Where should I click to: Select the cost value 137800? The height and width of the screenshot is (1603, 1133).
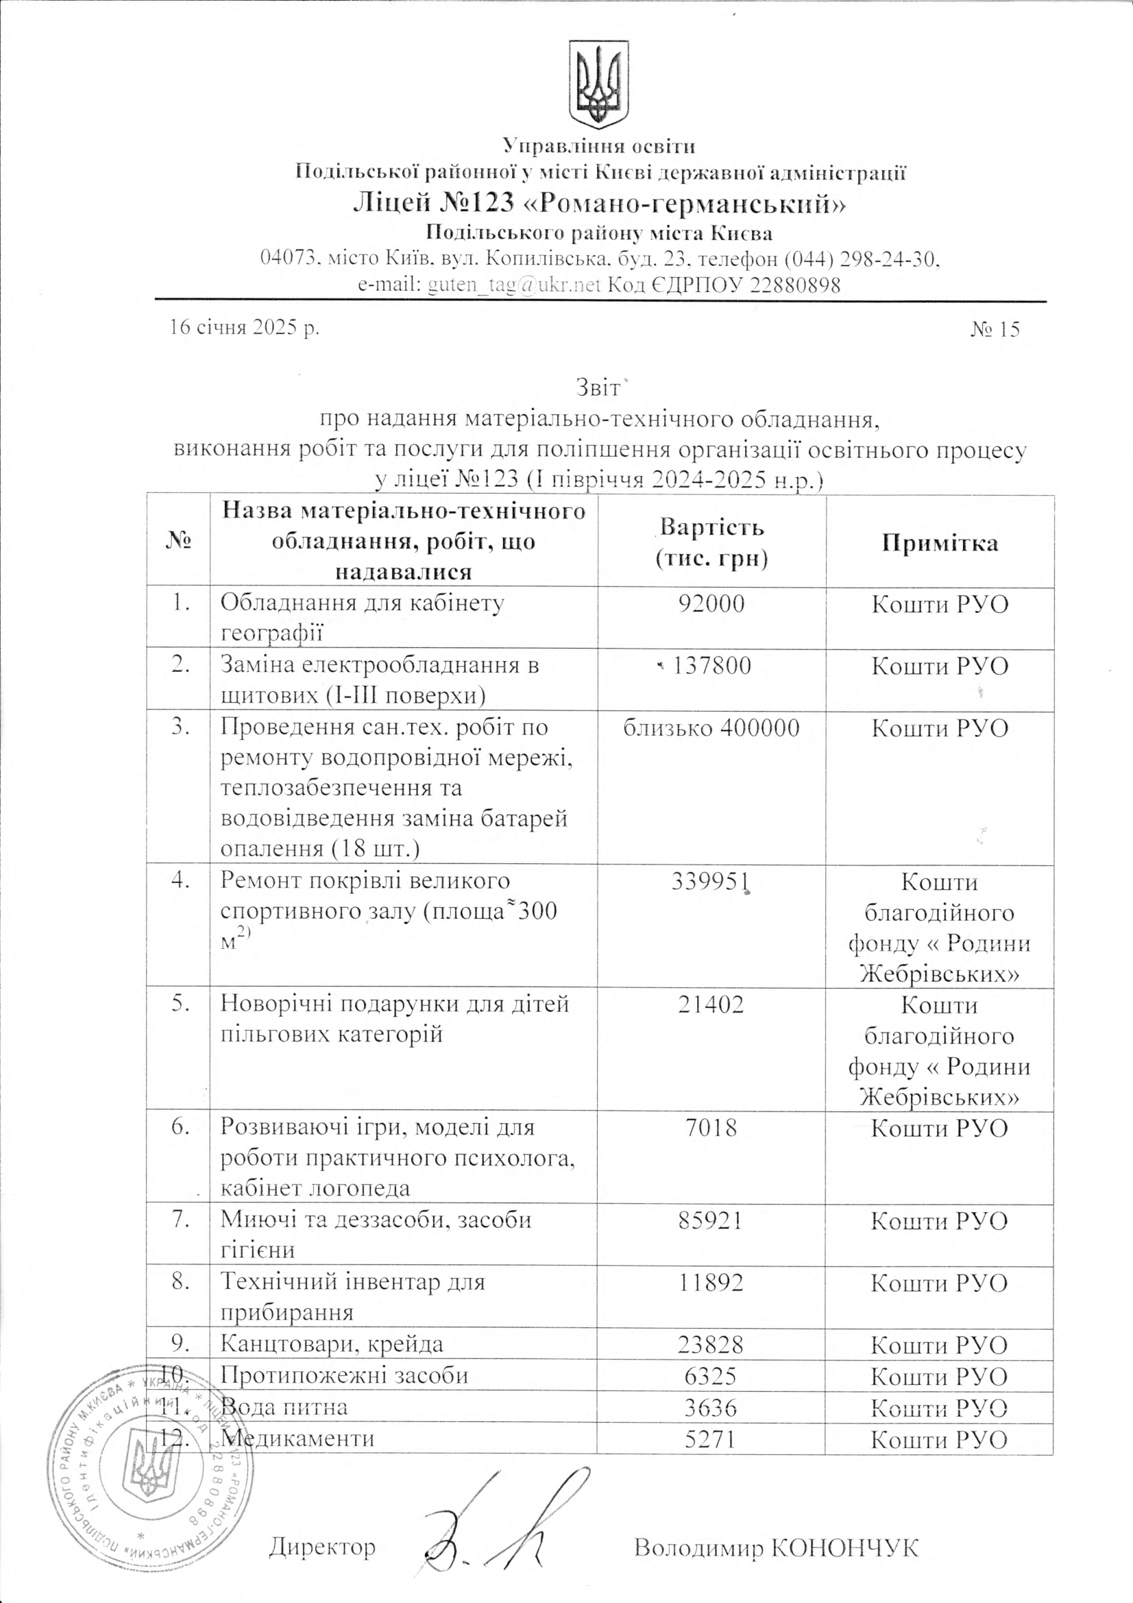tap(711, 666)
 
